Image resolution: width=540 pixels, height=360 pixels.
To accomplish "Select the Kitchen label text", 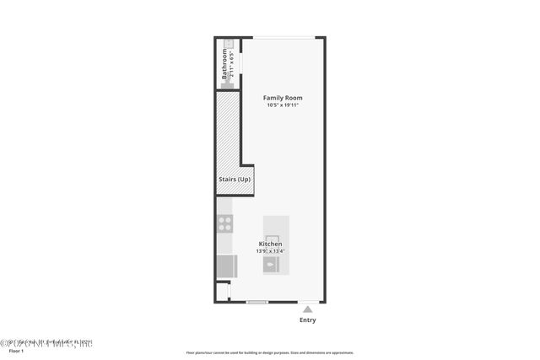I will click(270, 244).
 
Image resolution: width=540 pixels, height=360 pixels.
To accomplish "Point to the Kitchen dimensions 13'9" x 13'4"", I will click(270, 251).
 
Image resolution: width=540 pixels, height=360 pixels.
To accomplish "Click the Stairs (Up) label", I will click(234, 180).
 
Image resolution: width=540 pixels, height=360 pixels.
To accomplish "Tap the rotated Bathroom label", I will click(225, 64).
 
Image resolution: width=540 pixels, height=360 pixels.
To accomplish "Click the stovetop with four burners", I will click(225, 223).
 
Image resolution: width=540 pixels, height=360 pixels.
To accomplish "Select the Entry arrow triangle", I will click(307, 309).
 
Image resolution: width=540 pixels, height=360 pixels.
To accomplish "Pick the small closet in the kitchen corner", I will click(222, 292).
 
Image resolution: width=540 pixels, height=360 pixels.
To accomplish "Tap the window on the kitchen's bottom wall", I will click(257, 302).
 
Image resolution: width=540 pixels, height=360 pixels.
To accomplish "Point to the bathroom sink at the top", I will click(228, 42).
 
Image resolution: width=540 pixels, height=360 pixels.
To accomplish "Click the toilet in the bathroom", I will click(227, 83).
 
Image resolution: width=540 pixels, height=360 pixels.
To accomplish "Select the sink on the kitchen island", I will click(272, 265).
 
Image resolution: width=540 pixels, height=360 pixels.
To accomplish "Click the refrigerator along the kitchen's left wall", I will click(225, 266).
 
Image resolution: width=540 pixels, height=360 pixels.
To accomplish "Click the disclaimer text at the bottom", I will click(270, 353).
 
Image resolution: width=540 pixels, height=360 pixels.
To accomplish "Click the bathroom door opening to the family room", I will click(241, 63).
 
